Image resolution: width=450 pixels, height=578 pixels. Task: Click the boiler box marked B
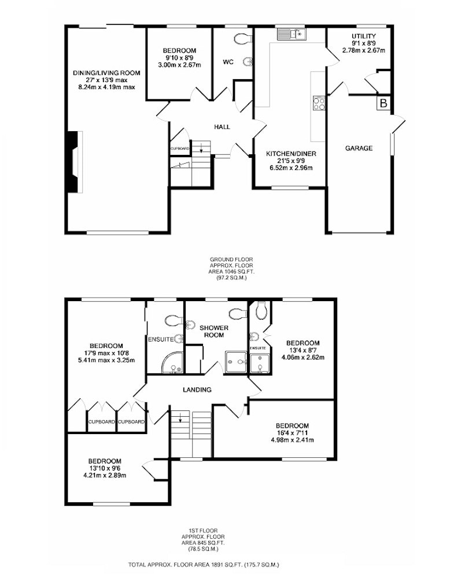tap(383, 103)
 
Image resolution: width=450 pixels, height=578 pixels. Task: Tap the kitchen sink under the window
tap(292, 34)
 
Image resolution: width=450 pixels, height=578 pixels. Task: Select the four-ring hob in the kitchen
tap(319, 103)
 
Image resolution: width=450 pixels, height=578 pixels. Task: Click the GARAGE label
tap(359, 148)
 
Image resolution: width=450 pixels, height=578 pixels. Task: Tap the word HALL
tap(222, 127)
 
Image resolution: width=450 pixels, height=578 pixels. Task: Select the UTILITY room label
tap(364, 36)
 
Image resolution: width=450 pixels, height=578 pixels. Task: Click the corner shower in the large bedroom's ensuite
tap(172, 364)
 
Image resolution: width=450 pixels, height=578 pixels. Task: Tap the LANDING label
tap(197, 390)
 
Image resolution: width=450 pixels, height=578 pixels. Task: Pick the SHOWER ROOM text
tap(214, 331)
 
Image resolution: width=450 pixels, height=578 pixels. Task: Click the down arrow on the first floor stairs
tap(180, 418)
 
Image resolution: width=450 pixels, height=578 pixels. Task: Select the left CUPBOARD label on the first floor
tap(101, 422)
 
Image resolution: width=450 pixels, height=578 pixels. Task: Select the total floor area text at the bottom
tap(204, 564)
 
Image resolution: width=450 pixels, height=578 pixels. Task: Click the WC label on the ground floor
tap(228, 62)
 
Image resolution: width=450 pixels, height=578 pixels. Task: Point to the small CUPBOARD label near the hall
tap(180, 149)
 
